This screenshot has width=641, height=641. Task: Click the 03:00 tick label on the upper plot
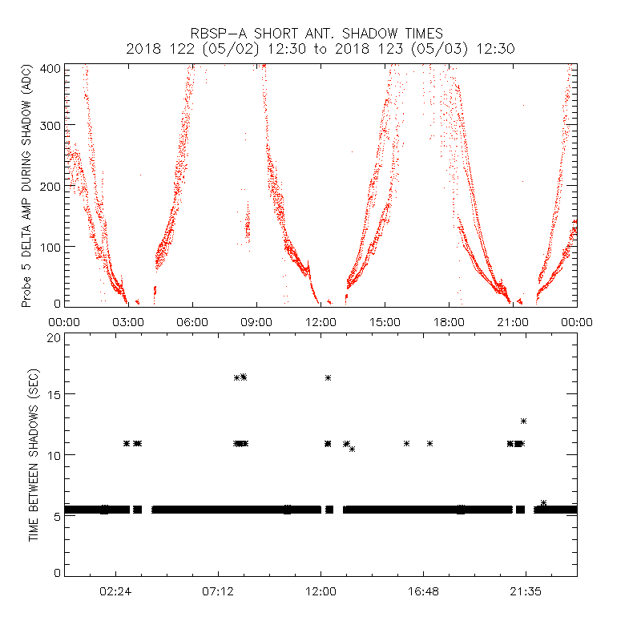pos(128,322)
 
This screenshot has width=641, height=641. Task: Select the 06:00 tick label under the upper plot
pos(192,322)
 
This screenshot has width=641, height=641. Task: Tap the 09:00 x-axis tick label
pos(256,322)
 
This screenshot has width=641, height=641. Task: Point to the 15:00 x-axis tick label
pos(385,322)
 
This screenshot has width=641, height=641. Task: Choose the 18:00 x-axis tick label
pos(449,322)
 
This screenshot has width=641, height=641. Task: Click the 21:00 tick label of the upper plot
pos(513,322)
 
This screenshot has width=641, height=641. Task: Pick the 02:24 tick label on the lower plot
pos(115,591)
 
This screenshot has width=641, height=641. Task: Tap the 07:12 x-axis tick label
pos(218,591)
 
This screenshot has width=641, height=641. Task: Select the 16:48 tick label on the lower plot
pos(423,591)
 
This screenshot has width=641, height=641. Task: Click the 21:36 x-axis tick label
pos(526,591)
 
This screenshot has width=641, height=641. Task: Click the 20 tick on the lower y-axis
pos(54,337)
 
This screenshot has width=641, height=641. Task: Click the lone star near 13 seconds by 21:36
pos(523,421)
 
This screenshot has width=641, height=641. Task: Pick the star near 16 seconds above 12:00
pos(328,377)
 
